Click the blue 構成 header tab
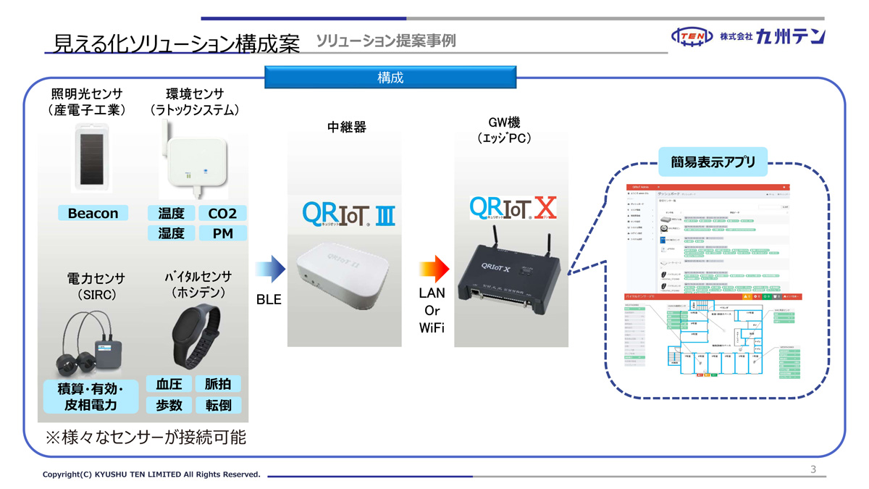click(390, 77)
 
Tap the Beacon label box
click(93, 213)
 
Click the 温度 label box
click(171, 213)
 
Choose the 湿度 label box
click(171, 233)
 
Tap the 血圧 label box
click(169, 384)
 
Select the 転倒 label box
click(218, 405)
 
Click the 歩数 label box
click(169, 405)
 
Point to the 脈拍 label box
click(218, 384)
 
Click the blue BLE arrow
click(270, 269)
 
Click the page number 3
click(813, 469)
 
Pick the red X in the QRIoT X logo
click(545, 209)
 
